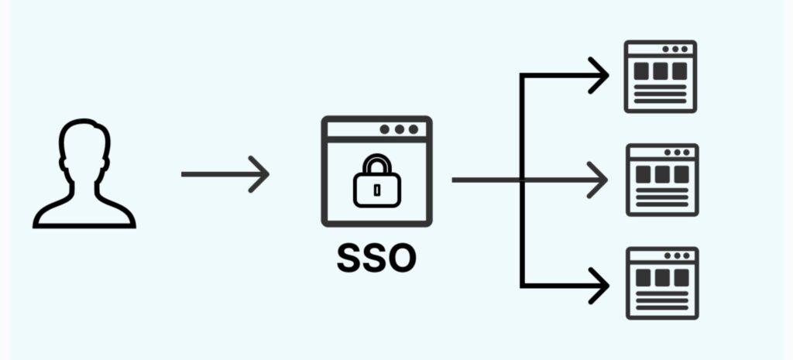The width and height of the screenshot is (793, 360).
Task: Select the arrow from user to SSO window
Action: click(x=225, y=174)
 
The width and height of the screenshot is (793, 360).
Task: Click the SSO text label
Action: click(x=377, y=259)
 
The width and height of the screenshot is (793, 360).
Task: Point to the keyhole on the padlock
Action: click(x=377, y=190)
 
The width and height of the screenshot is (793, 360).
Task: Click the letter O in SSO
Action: click(x=403, y=259)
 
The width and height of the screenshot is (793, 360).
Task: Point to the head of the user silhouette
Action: click(x=84, y=146)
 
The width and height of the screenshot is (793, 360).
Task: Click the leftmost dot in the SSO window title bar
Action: click(x=385, y=129)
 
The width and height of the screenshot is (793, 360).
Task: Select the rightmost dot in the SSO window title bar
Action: click(x=414, y=129)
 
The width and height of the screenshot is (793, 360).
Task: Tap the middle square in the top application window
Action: click(x=660, y=71)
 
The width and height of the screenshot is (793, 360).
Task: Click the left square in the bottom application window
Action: click(x=644, y=278)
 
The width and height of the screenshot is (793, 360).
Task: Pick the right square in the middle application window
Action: click(x=681, y=174)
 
